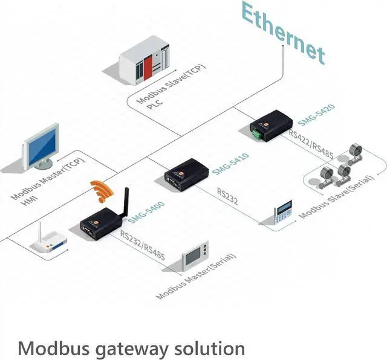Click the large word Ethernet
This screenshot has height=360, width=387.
click(282, 34)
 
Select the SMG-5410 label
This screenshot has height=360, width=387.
click(230, 163)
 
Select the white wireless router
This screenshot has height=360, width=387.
click(50, 237)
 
